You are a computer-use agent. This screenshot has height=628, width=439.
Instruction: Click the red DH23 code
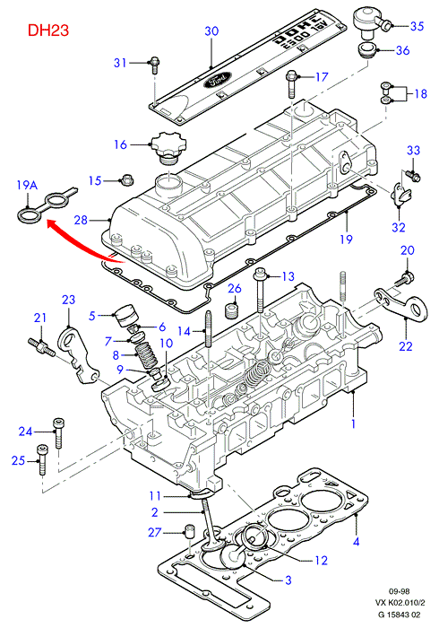pyautogui.click(x=48, y=30)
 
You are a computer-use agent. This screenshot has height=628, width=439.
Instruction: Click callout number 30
pyautogui.click(x=211, y=31)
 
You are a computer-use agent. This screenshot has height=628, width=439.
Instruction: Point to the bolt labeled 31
pyautogui.click(x=155, y=65)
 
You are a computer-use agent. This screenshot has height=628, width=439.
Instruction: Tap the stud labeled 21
pyautogui.click(x=41, y=346)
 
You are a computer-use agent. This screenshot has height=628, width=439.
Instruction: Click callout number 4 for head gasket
pyautogui.click(x=357, y=542)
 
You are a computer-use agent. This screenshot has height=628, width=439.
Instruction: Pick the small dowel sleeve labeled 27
pyautogui.click(x=189, y=531)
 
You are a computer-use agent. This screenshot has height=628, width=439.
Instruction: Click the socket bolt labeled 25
pyautogui.click(x=41, y=459)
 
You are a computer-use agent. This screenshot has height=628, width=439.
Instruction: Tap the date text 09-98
pyautogui.click(x=400, y=591)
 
